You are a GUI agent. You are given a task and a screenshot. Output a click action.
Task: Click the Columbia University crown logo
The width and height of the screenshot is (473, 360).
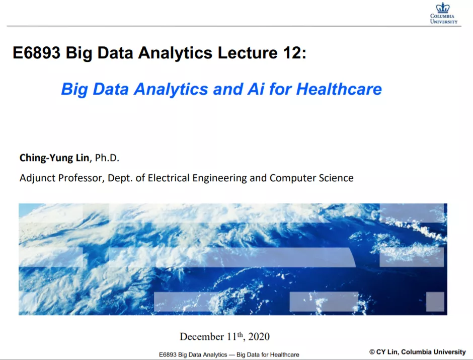click(442, 8)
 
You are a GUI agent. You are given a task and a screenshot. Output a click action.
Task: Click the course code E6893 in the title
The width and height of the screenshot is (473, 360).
click(37, 53)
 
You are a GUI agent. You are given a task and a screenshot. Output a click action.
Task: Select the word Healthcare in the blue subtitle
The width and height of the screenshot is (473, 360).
click(339, 89)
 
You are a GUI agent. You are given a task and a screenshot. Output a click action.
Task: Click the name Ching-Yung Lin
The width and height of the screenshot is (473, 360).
click(54, 158)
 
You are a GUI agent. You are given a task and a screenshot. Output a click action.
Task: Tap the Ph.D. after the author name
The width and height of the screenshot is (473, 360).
click(107, 158)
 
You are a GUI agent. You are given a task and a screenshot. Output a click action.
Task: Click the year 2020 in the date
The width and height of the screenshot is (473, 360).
click(259, 336)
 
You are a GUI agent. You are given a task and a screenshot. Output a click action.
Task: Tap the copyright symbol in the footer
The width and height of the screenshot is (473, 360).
click(372, 352)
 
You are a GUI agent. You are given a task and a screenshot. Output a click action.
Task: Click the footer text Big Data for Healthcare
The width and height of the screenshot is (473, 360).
click(268, 354)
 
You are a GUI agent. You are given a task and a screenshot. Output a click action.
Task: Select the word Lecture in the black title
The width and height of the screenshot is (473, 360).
click(248, 53)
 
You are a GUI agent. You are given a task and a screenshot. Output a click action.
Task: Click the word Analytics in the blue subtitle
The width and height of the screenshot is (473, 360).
click(171, 89)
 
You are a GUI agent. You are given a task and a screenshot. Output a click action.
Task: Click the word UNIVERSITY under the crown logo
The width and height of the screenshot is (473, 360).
click(444, 22)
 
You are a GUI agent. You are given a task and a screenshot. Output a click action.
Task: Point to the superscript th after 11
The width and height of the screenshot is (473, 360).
click(240, 334)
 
